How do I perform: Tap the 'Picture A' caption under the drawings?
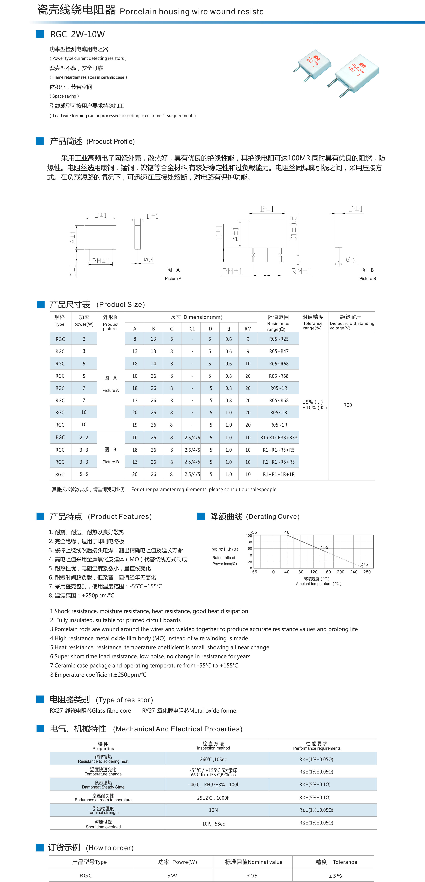[x=173, y=278]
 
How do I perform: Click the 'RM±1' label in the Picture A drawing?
[x=100, y=261]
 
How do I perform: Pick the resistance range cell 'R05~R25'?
[x=278, y=339]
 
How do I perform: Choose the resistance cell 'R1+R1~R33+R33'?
[x=278, y=438]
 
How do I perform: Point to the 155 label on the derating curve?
[x=324, y=547]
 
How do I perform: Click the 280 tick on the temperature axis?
[x=367, y=572]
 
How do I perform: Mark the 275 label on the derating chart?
[x=364, y=564]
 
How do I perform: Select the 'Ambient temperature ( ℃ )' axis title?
[x=318, y=584]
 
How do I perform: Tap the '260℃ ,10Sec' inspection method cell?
[x=213, y=759]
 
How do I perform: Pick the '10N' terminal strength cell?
[x=213, y=810]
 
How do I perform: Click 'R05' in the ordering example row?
[x=252, y=875]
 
